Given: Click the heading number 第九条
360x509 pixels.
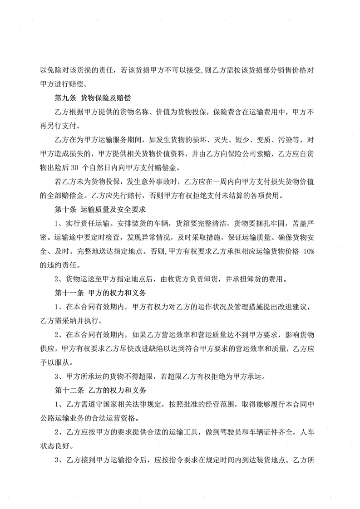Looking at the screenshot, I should pos(65,98).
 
